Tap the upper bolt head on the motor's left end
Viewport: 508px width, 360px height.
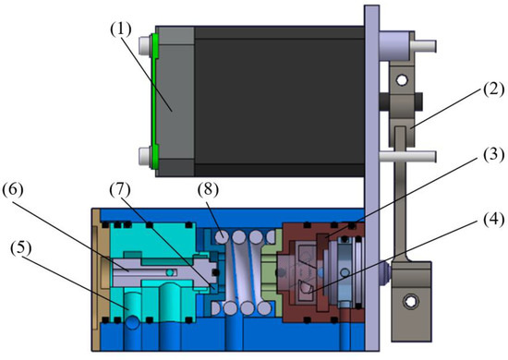pos(145,43)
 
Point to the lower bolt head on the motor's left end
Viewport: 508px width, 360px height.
pos(145,153)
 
